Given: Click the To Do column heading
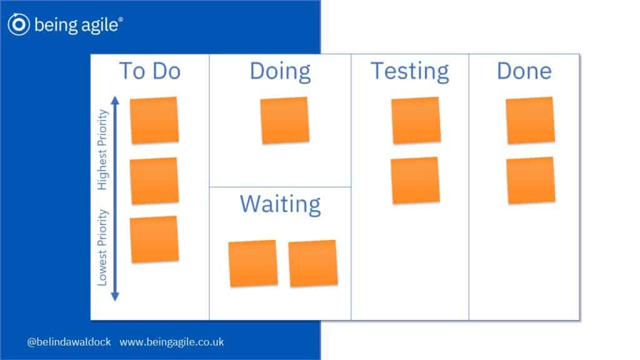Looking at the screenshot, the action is point(150,71).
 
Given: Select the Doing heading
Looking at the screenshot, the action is point(281,72).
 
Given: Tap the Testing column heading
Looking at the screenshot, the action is point(410,72).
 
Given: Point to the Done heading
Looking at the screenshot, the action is point(524,71).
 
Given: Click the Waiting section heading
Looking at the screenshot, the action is point(281,204).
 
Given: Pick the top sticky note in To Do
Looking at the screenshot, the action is point(154,120).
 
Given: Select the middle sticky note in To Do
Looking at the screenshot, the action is point(154,181).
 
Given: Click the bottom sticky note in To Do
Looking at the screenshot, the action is point(154,239).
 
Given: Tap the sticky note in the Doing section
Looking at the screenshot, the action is point(285,120).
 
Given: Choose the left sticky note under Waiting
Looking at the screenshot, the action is point(253,263).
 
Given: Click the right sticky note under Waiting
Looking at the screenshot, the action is point(313,263).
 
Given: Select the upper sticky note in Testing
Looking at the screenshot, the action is point(416,120).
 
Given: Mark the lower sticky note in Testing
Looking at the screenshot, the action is point(416,180).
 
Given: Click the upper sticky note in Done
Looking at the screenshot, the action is point(530,120).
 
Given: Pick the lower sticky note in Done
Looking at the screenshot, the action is point(531,180).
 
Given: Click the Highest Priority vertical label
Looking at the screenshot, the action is point(102,150).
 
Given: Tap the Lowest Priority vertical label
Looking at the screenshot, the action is point(102,247).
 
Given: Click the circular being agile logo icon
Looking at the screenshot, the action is point(18,24).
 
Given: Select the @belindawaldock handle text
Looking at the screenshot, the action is point(69,342).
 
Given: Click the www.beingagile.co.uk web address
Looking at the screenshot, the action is point(172,342).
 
